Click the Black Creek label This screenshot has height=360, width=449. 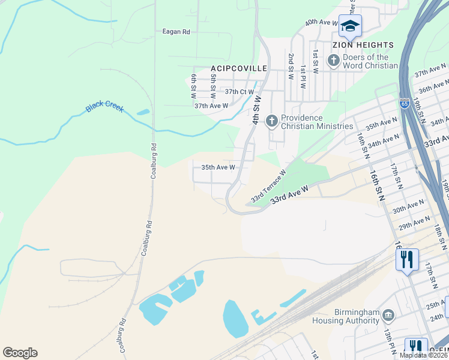104,106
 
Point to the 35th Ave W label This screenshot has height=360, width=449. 217,167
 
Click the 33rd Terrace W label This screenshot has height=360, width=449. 268,186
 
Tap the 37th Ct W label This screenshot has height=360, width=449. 240,92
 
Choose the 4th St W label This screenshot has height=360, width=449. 256,110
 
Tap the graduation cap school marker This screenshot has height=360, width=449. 350,26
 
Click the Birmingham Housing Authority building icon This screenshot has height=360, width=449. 388,315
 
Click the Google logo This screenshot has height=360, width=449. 20,353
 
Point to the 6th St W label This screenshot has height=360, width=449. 194,87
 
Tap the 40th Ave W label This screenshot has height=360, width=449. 322,22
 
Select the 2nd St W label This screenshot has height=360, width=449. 291,67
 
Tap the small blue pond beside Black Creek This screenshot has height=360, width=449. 143,112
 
